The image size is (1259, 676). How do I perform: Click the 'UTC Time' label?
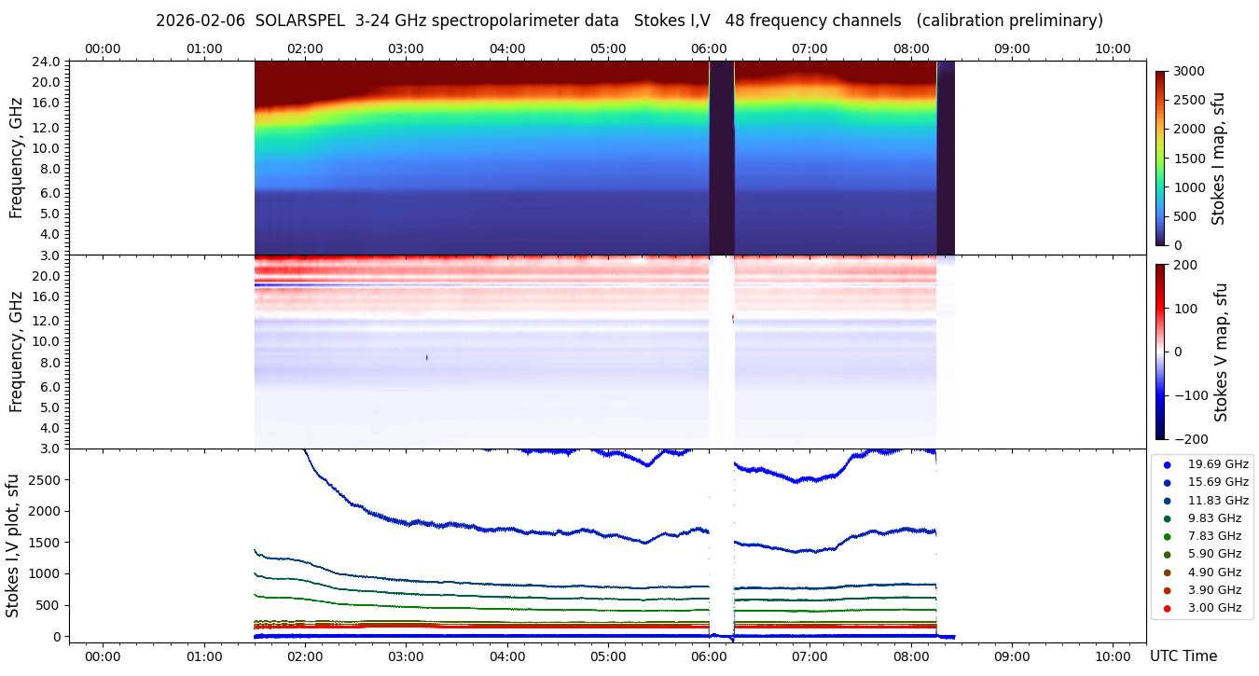point(1183,656)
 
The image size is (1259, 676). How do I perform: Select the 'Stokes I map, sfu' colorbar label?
point(1218,159)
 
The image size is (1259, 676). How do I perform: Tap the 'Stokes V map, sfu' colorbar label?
point(1221,352)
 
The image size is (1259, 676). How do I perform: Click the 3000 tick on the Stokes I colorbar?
point(1188,72)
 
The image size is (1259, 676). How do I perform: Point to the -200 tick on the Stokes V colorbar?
point(1189,439)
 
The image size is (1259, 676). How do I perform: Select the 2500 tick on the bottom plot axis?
point(45,479)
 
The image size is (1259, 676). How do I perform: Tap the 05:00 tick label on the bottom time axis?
point(608,656)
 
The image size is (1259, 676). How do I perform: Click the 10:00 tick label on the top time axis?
point(1113,48)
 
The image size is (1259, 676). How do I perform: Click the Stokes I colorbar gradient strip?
point(1160,159)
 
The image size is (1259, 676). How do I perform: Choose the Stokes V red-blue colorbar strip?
point(1160,352)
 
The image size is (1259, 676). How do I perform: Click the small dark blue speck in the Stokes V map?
point(427,357)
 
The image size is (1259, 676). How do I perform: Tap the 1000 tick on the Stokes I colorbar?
point(1188,187)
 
